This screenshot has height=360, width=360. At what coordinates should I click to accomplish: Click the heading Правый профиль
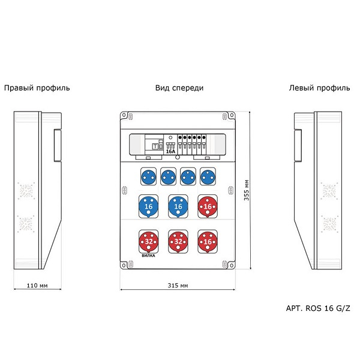coord(37,88)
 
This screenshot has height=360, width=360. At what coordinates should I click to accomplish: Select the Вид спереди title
coord(179,88)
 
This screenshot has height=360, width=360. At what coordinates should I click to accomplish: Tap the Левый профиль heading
coord(319,88)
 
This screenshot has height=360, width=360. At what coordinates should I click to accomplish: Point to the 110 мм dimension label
coord(37,286)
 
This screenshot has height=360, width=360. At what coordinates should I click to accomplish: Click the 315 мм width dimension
coord(178,286)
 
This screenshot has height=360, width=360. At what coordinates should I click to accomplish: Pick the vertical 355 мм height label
coord(247,190)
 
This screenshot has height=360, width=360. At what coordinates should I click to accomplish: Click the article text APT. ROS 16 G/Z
coord(318,308)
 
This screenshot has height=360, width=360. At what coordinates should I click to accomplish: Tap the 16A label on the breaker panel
coord(170,151)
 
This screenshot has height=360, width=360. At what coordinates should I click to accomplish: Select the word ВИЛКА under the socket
coord(148,256)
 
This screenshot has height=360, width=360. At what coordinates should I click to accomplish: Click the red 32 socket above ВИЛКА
coord(149,242)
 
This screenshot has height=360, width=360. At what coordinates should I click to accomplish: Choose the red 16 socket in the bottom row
coord(208,242)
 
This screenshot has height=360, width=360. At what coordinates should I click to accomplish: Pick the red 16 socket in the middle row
coord(208,206)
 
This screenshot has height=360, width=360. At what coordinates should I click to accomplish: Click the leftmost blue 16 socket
coord(149,206)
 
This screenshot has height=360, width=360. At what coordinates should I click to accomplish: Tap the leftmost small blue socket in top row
coord(148,177)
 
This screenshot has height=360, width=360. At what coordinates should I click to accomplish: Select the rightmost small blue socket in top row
coord(208,177)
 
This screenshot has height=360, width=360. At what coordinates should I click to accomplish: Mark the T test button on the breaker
coord(155,146)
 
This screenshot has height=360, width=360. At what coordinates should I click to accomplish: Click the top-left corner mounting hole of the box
coord(124,115)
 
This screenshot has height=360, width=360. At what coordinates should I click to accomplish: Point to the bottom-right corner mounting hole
coord(232,266)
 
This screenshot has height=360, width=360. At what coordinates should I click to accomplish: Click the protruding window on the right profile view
coord(58,145)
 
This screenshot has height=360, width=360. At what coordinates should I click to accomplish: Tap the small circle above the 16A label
coord(170,138)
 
